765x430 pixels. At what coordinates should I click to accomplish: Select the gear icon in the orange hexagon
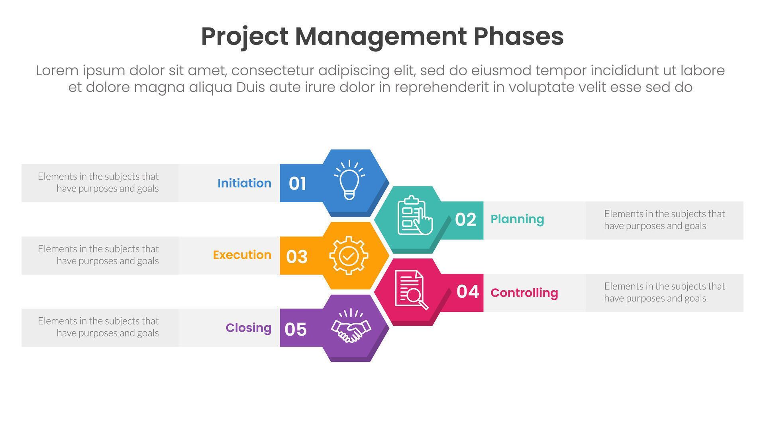tap(349, 255)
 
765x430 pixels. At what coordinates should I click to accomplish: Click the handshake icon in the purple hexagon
tap(351, 326)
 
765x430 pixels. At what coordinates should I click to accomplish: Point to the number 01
tap(298, 184)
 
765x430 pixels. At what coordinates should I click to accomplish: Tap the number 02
tap(465, 220)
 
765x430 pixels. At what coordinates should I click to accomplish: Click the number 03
tap(297, 257)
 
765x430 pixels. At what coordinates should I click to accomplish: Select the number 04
tap(468, 291)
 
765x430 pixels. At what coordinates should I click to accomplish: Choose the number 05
tap(296, 329)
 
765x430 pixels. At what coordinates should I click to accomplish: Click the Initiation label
tap(244, 183)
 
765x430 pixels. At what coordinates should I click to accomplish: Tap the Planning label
tap(517, 219)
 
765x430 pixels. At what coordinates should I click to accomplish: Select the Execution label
tap(242, 255)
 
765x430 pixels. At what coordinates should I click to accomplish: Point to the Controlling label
tap(524, 293)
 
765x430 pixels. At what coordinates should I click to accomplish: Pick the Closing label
tap(248, 328)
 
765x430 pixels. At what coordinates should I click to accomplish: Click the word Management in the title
tap(381, 36)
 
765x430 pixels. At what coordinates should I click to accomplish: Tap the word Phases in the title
tap(518, 36)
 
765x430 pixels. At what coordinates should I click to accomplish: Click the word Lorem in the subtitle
tap(57, 70)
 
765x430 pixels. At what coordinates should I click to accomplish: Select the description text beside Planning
tap(664, 220)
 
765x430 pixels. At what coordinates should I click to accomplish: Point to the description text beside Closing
tap(98, 327)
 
